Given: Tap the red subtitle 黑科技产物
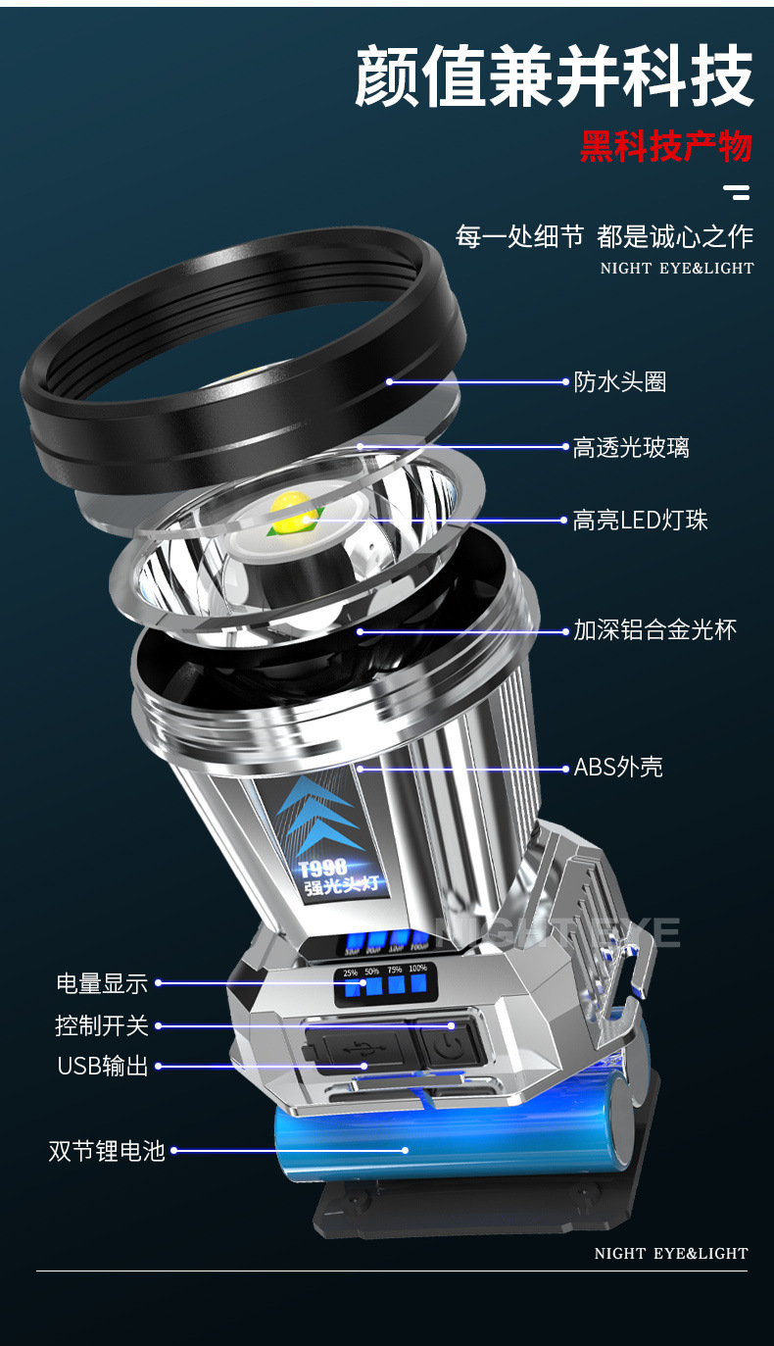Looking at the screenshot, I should (x=665, y=147).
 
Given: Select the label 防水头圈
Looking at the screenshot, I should (x=620, y=382).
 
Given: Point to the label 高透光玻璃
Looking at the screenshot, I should (x=631, y=448).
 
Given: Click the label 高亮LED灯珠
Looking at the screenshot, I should (x=640, y=521).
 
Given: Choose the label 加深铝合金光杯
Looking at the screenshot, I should (x=654, y=630).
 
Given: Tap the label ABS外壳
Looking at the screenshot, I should (x=618, y=767).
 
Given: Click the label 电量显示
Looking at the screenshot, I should (x=102, y=983).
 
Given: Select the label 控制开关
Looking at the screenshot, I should (x=102, y=1026).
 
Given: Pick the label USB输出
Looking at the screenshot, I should (x=103, y=1067).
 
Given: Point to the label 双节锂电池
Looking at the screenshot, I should (x=107, y=1151).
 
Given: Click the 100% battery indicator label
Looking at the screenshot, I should (x=418, y=969).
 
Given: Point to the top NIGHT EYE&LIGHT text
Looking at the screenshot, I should (x=677, y=268).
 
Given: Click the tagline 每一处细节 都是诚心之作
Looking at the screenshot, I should (x=605, y=236).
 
